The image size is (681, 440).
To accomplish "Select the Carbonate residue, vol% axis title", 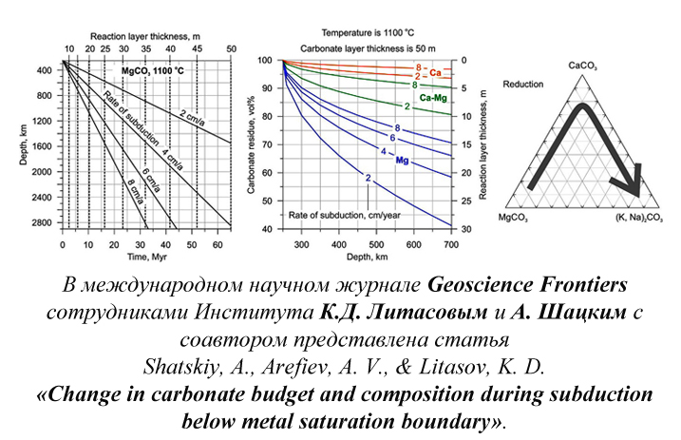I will click(x=250, y=143).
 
